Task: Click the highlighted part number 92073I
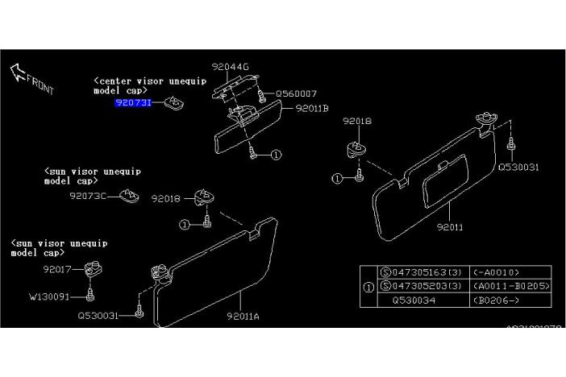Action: click(133, 103)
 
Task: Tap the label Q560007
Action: click(296, 93)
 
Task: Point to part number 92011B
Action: click(312, 107)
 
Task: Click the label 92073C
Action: click(87, 195)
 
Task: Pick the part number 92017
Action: click(58, 269)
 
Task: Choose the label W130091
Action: click(50, 296)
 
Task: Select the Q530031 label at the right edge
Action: click(518, 167)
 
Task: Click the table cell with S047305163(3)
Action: click(421, 271)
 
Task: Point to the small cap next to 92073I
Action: click(173, 102)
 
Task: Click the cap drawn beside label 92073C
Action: click(127, 194)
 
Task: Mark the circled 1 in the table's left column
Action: click(368, 286)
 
